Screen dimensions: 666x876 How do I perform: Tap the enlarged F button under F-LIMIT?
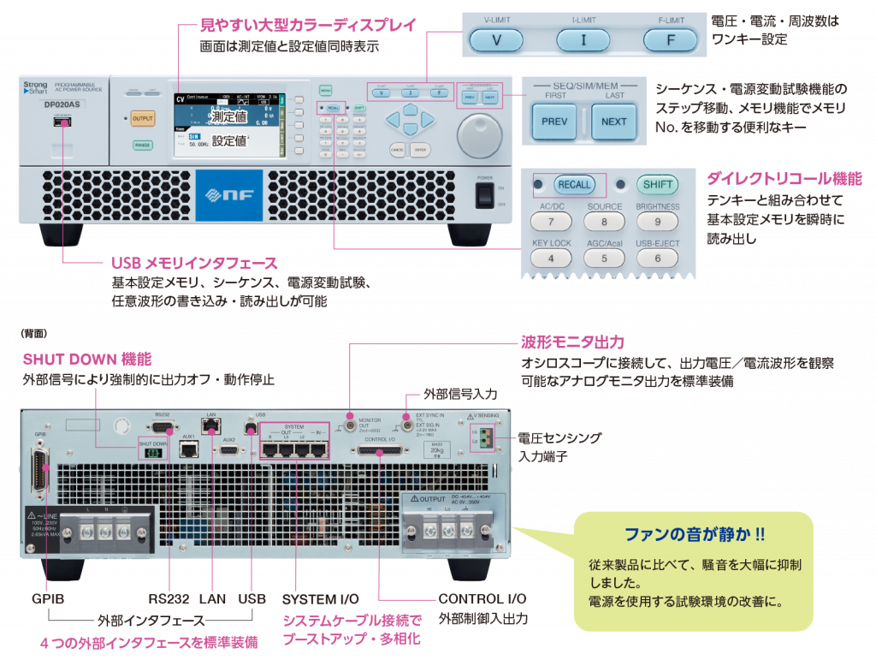671,39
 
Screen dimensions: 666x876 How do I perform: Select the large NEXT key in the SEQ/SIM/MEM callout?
613,122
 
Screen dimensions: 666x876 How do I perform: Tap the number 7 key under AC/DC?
552,222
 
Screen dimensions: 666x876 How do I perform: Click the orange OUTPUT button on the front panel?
143,119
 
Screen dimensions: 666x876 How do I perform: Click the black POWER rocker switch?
486,194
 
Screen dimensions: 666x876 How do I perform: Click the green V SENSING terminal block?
486,439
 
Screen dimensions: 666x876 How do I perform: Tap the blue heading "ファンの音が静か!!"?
694,535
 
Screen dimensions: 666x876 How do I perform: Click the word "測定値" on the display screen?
228,116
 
